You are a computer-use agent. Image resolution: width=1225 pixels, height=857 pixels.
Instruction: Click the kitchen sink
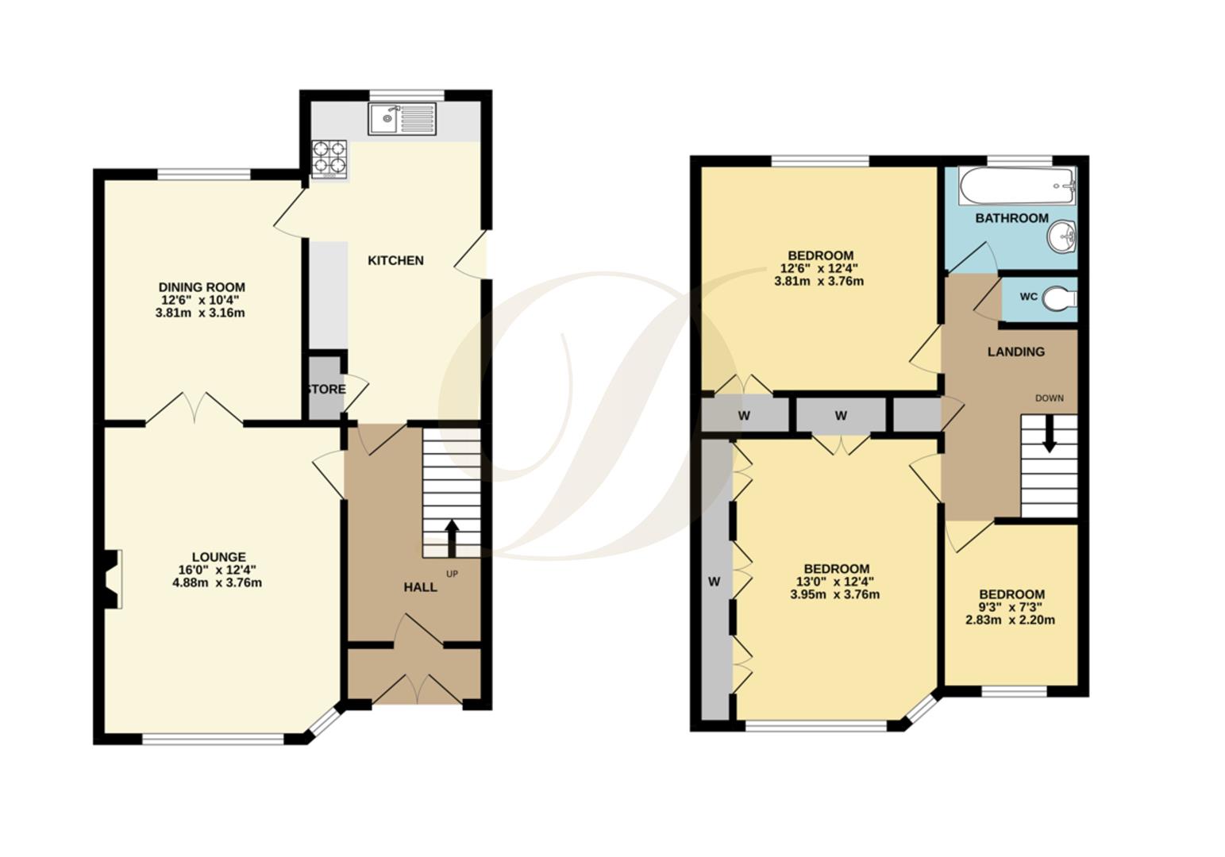403,120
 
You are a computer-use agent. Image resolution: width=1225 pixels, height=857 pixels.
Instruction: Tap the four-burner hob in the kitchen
329,158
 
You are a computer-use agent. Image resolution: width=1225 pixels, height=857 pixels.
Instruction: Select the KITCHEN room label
395,260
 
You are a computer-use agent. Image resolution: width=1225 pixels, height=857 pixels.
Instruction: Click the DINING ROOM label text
202,287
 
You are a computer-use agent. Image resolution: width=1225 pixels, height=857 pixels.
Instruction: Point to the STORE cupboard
326,389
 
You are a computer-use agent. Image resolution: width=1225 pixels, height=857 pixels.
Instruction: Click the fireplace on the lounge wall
113,580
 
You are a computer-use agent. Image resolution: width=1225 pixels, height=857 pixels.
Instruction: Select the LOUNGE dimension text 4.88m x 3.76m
217,582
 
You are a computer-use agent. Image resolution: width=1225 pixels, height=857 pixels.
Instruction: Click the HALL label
420,587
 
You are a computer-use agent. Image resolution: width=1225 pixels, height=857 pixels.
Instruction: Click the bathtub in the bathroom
1016,186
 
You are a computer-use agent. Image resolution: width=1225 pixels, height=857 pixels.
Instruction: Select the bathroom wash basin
1061,236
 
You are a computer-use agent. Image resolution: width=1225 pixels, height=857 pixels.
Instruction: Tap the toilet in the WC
1059,298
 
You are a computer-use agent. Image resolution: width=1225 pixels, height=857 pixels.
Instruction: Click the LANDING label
1015,352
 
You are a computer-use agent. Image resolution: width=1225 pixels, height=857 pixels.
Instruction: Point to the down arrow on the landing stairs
1049,436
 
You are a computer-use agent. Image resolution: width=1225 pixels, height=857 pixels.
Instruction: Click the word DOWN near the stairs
1049,398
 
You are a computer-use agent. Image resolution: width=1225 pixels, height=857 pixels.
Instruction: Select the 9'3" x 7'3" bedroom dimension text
1010,607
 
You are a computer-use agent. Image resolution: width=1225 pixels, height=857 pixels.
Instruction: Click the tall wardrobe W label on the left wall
714,582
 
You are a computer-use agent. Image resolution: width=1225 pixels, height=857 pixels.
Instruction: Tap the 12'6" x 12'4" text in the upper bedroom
820,268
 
